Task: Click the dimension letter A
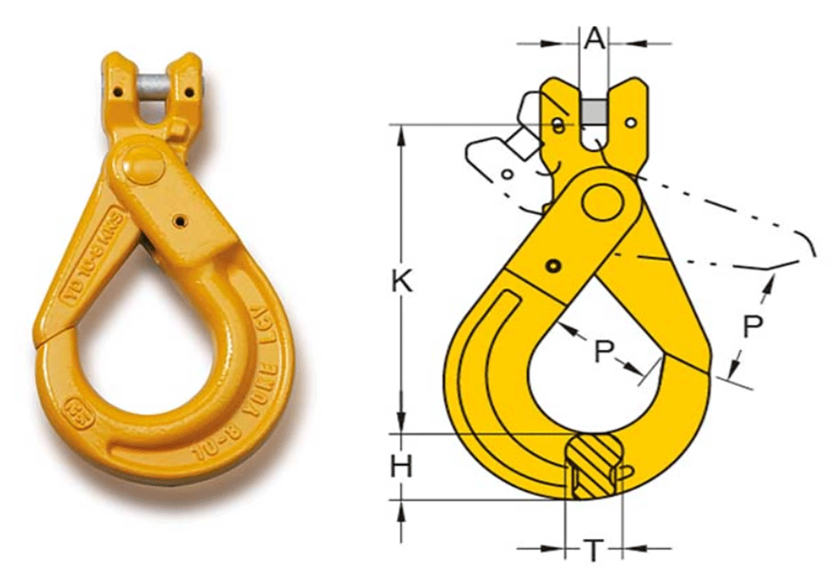[594, 38]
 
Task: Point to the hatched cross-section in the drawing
[594, 468]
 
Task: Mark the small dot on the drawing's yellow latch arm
[552, 266]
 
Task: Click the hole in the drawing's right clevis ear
[630, 124]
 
